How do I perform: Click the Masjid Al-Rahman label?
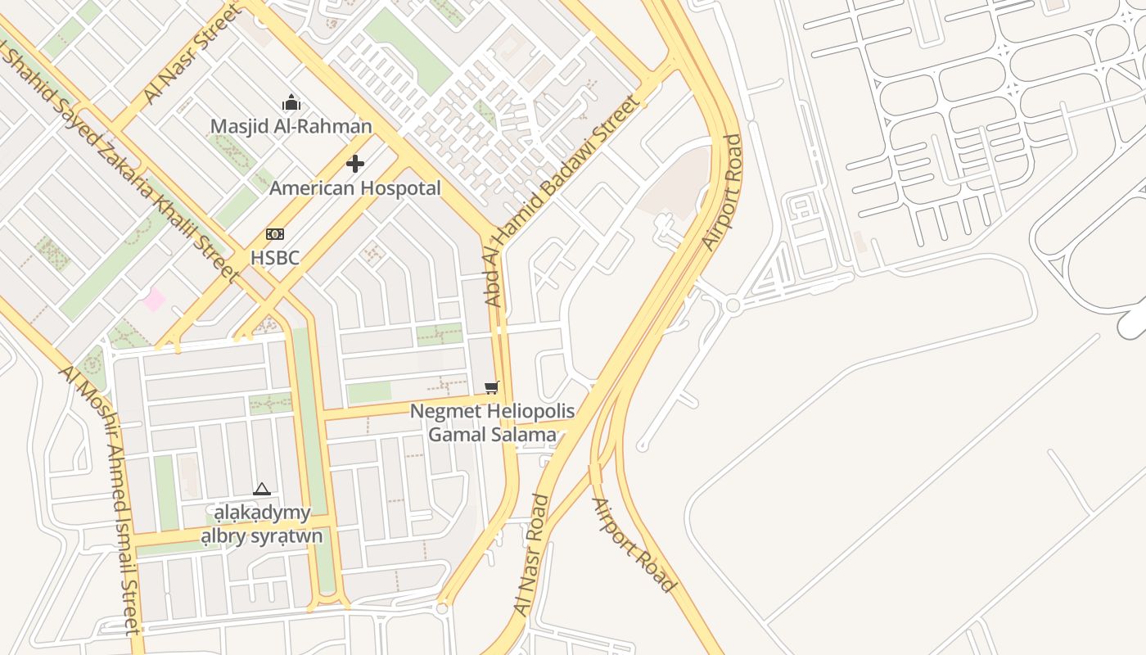click(x=291, y=126)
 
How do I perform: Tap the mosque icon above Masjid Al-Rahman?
click(x=291, y=103)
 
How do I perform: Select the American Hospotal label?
click(x=354, y=188)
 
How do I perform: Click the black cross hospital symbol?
click(x=354, y=164)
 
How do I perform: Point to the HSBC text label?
click(x=275, y=257)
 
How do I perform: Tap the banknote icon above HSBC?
click(x=275, y=234)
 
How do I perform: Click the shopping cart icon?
click(x=491, y=387)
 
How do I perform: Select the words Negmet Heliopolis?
click(x=492, y=411)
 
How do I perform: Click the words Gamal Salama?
click(x=492, y=435)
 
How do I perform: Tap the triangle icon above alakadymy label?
click(x=262, y=490)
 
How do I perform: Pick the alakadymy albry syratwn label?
click(x=262, y=525)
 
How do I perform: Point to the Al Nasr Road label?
click(x=532, y=555)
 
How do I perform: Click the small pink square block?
click(x=153, y=300)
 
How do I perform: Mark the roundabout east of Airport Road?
click(x=733, y=305)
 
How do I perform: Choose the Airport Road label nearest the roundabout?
click(x=722, y=192)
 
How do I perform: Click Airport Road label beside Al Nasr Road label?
click(x=634, y=544)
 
